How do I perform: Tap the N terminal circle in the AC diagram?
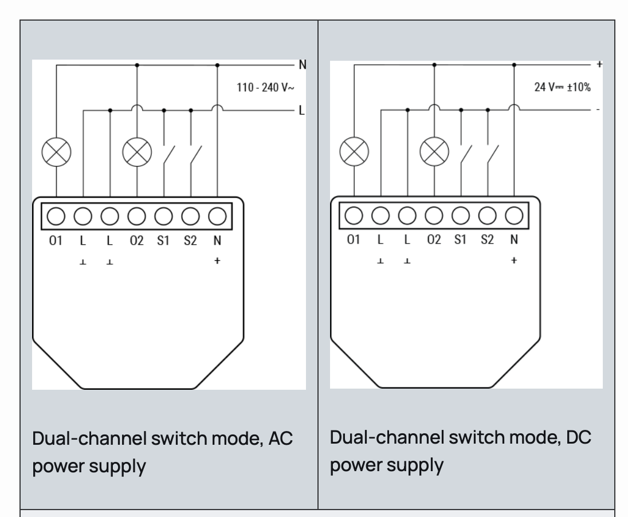click(x=217, y=216)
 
